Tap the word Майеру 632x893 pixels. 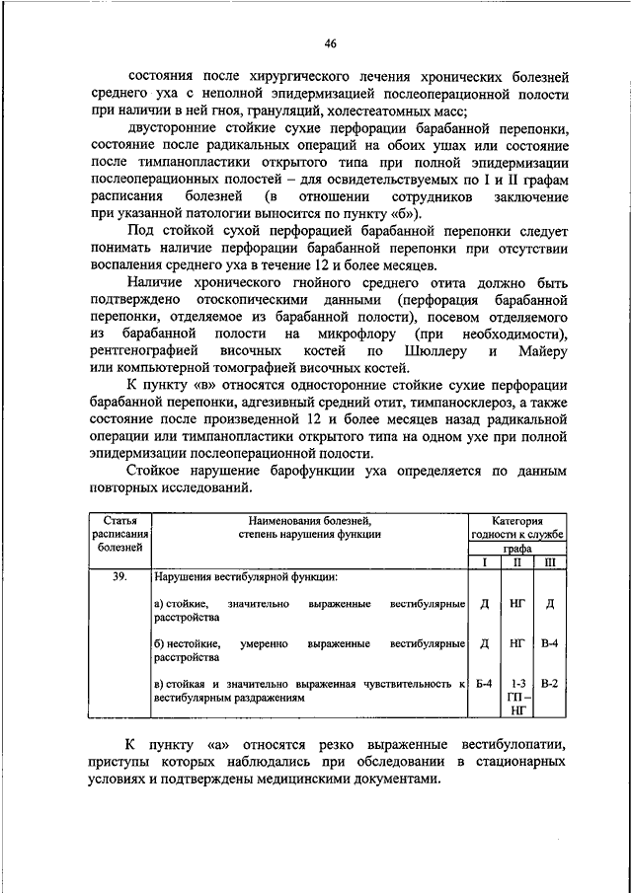point(540,351)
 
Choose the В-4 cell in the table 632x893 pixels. point(550,644)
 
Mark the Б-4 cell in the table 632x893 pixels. point(484,683)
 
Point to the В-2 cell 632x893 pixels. point(550,683)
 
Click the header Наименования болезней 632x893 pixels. point(309,520)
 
